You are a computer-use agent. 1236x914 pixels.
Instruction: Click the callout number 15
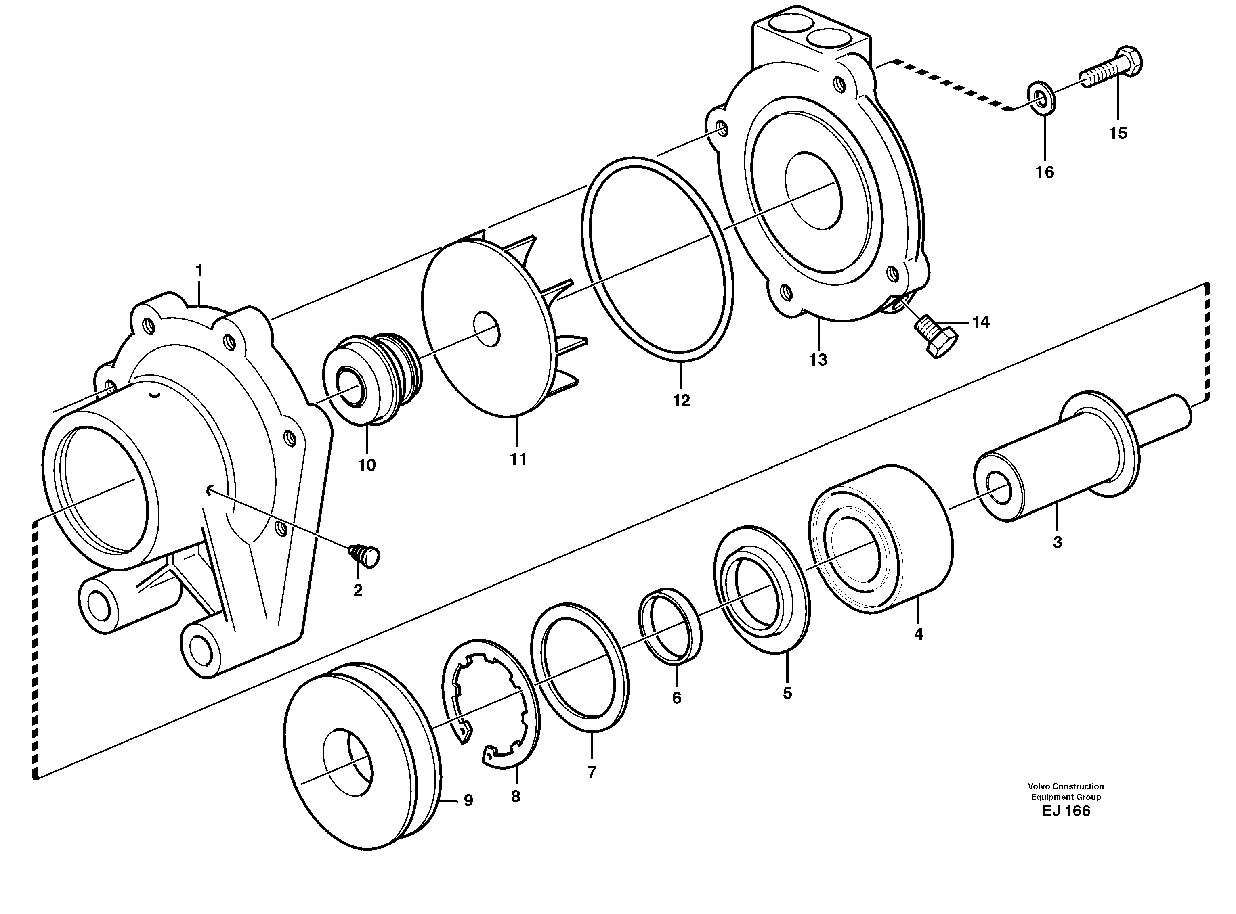[1118, 133]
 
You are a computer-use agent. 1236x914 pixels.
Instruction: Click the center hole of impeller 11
[487, 330]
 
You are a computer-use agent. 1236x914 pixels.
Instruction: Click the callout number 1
[199, 271]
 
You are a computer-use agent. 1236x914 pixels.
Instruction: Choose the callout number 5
[787, 693]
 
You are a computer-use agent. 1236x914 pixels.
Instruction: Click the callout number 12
[681, 401]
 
